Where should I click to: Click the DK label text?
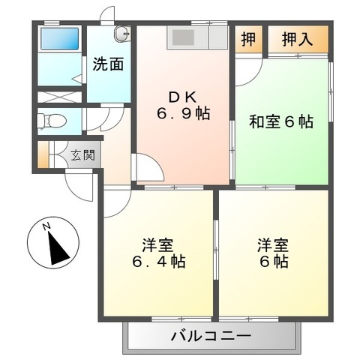pyautogui.click(x=182, y=96)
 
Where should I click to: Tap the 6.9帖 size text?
pyautogui.click(x=182, y=114)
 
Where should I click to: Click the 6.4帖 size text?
pyautogui.click(x=159, y=262)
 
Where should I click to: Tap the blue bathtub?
pyautogui.click(x=59, y=38)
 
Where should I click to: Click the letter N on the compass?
pyautogui.click(x=46, y=226)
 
